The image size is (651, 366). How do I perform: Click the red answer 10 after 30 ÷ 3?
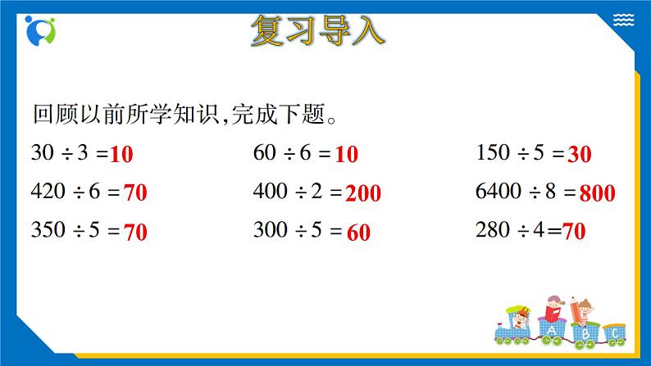click(121, 153)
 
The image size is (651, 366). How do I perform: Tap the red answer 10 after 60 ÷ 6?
click(347, 153)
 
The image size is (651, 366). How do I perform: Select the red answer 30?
click(580, 153)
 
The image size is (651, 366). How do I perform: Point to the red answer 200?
click(363, 193)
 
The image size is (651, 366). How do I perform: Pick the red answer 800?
click(597, 193)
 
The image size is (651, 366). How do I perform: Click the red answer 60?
click(358, 233)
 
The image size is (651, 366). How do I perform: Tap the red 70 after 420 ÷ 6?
click(135, 193)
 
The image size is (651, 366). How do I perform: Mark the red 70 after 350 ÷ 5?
click(135, 233)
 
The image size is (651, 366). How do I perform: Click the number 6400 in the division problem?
click(498, 192)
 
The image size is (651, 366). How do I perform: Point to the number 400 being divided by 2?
click(270, 192)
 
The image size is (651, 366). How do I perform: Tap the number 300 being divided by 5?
click(270, 231)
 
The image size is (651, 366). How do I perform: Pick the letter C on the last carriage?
click(612, 334)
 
